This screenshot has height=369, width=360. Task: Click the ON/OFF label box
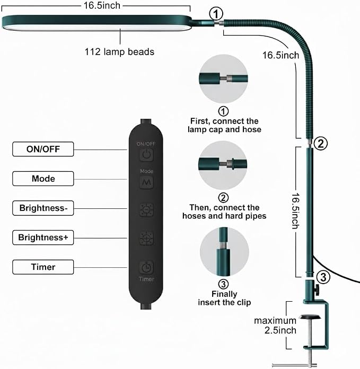point(43,149)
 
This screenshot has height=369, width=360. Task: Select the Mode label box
point(43,179)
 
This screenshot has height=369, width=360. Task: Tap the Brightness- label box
point(43,208)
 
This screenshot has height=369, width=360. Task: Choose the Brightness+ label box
point(43,238)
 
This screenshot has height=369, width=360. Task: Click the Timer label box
point(43,267)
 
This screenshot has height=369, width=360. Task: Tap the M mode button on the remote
point(146,182)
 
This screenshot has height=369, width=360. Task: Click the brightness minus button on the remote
point(146,210)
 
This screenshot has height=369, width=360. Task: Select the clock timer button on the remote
point(146,267)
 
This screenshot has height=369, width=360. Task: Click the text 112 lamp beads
point(119,52)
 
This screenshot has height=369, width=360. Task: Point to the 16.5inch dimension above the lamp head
point(102,5)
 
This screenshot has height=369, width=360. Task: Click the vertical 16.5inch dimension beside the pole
point(295,210)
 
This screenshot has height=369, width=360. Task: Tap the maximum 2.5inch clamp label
point(275,326)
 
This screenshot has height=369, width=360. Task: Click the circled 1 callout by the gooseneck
point(216,14)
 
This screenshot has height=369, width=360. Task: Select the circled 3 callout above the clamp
point(323,277)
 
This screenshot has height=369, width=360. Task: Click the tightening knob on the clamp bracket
point(317,289)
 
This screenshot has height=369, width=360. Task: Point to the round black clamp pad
point(310,317)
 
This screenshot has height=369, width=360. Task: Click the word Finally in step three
point(224,294)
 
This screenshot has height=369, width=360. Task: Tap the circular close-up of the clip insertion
point(224,251)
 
